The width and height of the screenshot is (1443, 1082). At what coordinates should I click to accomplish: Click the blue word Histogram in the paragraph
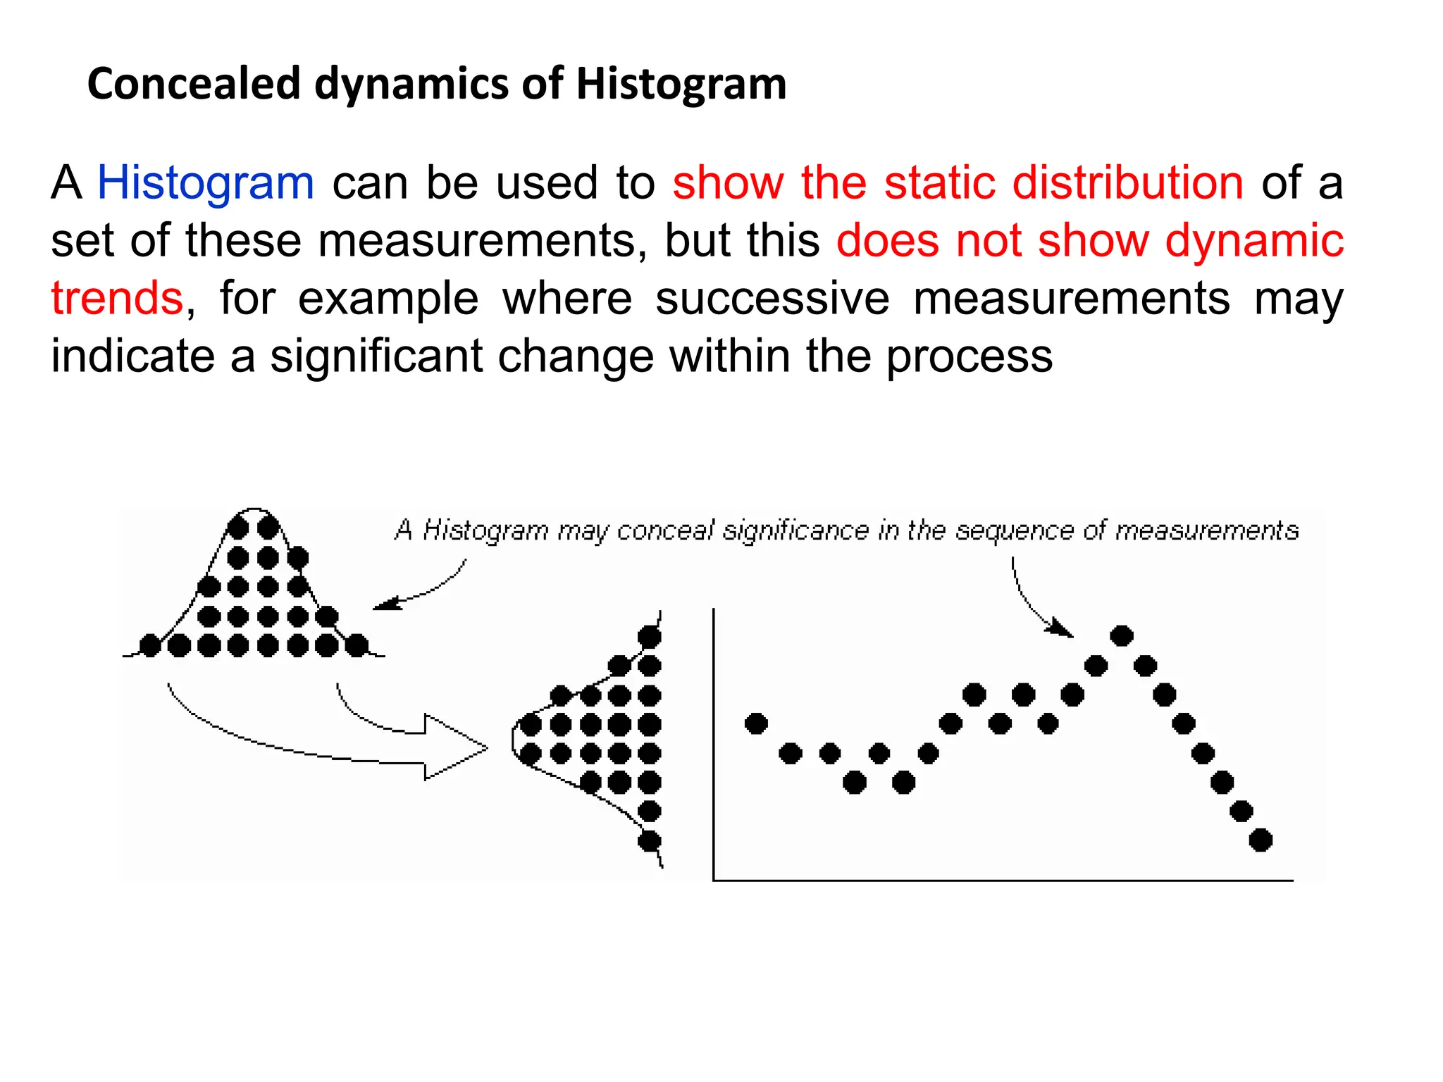tap(205, 183)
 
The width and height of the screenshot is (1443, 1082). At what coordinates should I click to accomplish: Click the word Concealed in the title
tap(194, 84)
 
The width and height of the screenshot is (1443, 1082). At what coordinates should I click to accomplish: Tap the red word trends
tap(117, 298)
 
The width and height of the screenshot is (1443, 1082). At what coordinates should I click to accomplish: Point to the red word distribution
tap(1127, 183)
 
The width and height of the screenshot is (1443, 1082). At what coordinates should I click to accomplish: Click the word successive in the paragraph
tap(772, 298)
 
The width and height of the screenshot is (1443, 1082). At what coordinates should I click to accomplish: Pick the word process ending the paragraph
tap(969, 356)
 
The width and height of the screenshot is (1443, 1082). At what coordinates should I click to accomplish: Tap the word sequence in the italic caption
tap(1015, 530)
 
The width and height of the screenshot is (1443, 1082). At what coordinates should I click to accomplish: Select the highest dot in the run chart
tap(1121, 636)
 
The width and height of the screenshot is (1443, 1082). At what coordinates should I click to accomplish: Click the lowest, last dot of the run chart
tap(1261, 840)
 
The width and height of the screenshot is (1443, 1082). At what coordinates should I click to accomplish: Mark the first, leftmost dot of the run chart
tap(756, 723)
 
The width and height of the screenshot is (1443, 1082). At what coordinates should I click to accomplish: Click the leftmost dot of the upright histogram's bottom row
tap(150, 645)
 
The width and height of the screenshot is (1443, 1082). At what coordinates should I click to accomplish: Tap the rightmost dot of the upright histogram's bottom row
tap(357, 645)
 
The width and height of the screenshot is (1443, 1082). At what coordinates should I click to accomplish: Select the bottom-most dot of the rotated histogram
tap(649, 840)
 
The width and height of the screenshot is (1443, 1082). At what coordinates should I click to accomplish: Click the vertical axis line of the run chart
tap(714, 740)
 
